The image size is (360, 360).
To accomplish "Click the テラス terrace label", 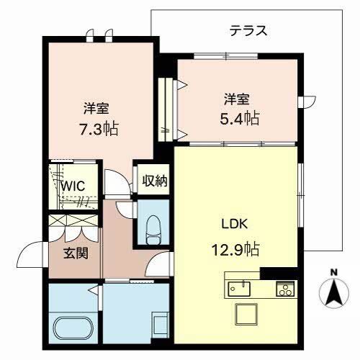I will click(x=249, y=30).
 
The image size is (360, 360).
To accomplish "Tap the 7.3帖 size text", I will click(x=99, y=130).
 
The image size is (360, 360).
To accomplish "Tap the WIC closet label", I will click(x=72, y=186).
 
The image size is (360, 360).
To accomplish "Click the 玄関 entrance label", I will click(x=76, y=253).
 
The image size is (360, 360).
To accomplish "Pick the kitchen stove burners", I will click(x=284, y=289).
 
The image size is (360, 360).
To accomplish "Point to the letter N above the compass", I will click(x=333, y=271).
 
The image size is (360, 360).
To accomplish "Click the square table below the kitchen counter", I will click(x=247, y=315).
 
